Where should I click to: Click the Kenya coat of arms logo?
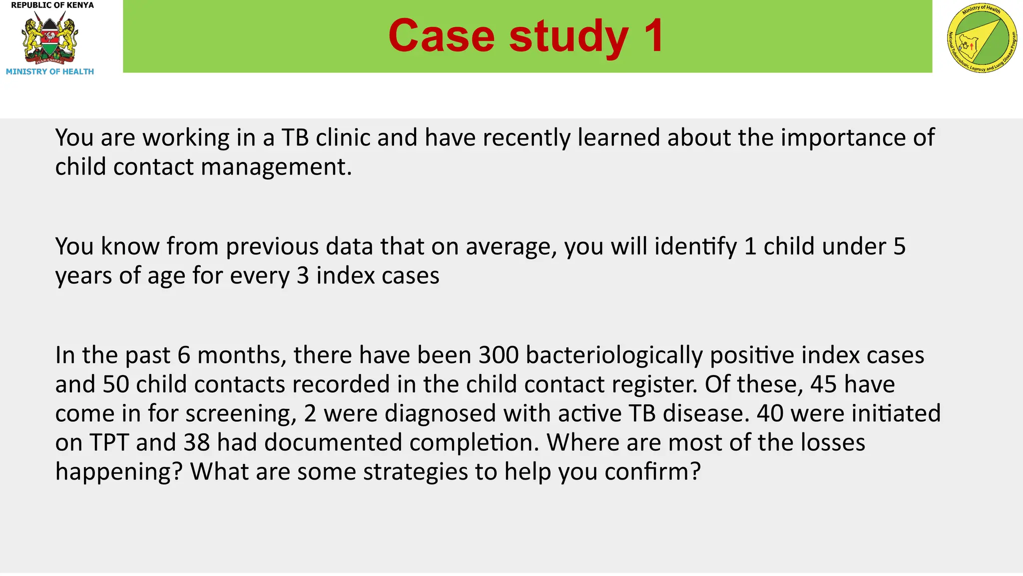(49, 37)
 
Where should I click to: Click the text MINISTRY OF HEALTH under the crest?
(50, 71)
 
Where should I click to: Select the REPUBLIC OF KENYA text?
(52, 5)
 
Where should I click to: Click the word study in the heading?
(569, 36)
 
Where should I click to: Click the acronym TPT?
(109, 442)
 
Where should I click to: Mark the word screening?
(239, 413)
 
